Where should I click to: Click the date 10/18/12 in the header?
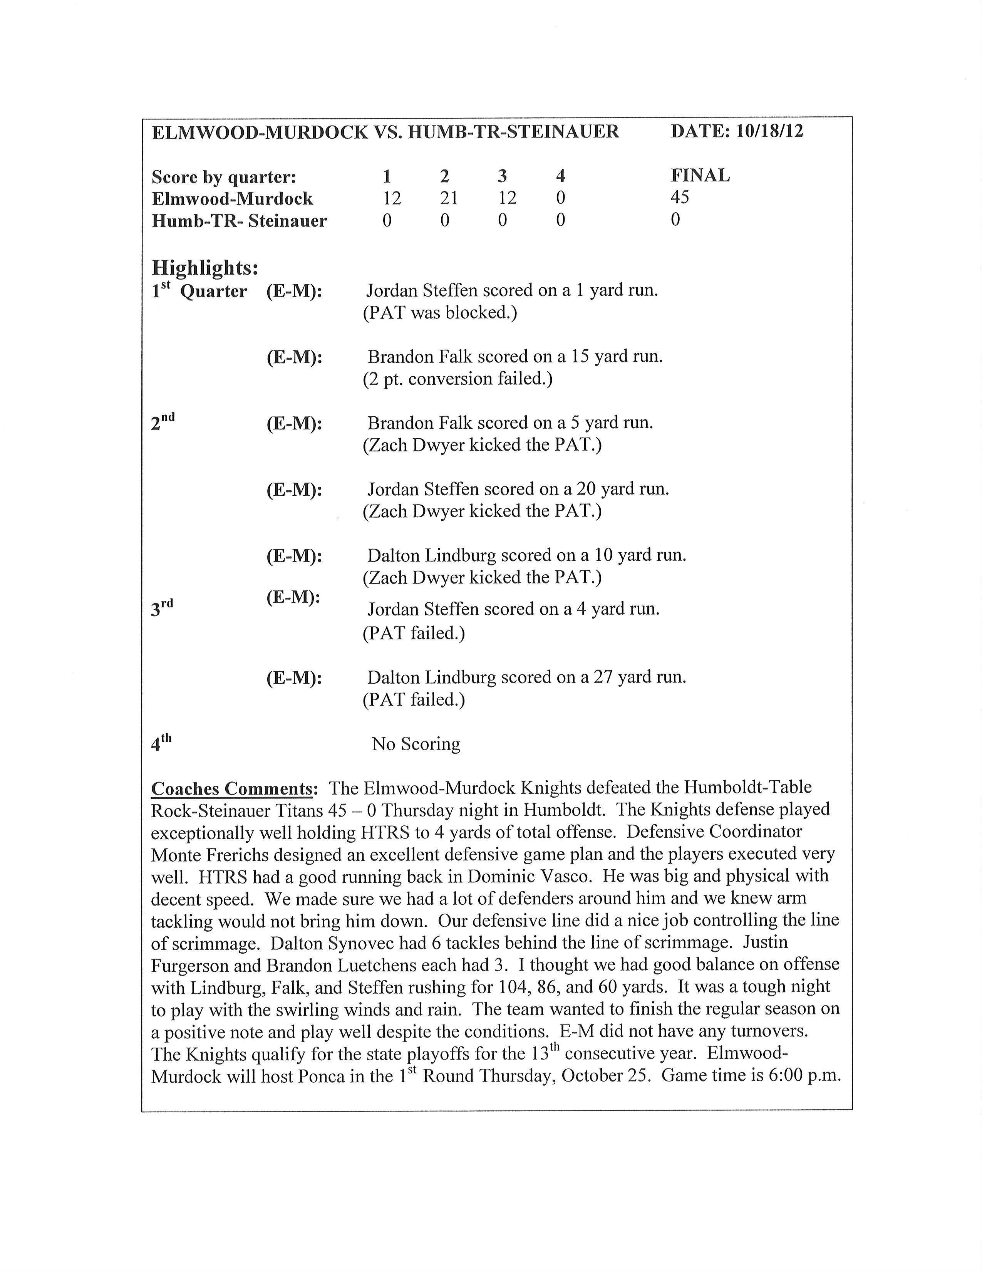(769, 131)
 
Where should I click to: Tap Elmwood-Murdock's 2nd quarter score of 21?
(449, 198)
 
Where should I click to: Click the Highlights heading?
(205, 268)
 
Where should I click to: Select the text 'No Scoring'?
(416, 744)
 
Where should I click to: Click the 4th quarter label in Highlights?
(161, 743)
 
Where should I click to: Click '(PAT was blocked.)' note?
(440, 312)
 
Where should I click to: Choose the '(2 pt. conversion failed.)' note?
(457, 379)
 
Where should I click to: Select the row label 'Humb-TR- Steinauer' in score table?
(239, 221)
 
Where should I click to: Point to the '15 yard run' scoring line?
(515, 356)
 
